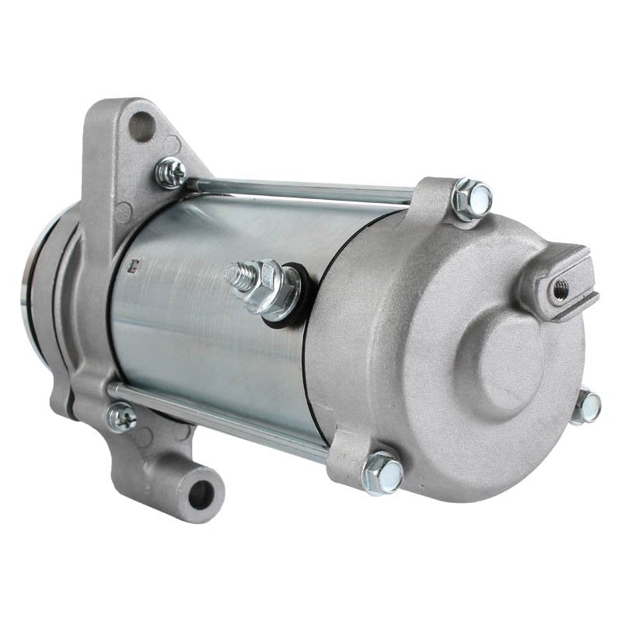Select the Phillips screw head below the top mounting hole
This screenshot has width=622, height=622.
coord(169,172)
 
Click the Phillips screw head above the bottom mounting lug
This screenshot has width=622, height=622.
coord(121,418)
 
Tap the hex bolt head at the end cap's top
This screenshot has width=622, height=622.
coord(472,198)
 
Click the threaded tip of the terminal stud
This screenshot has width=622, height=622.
coord(233,273)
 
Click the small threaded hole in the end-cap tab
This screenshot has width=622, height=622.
coord(558,288)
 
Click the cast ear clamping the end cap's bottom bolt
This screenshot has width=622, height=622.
coord(350,459)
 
